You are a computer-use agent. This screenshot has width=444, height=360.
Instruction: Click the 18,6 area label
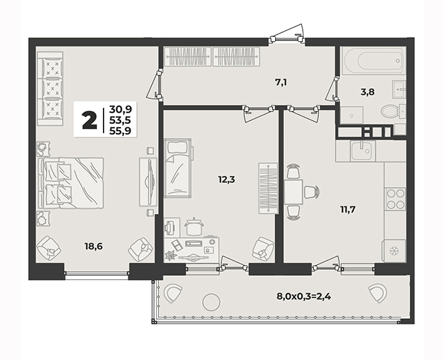click(x=94, y=246)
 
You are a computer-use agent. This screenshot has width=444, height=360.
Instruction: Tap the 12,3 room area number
click(x=227, y=179)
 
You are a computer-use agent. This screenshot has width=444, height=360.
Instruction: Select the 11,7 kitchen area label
click(x=348, y=210)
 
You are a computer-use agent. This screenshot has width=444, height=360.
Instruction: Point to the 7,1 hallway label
click(x=282, y=82)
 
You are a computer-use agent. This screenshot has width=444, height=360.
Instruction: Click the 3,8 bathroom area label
click(x=367, y=92)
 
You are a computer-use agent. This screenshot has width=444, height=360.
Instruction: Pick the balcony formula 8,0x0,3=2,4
click(x=304, y=297)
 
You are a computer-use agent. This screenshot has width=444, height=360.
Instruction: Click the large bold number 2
click(x=89, y=120)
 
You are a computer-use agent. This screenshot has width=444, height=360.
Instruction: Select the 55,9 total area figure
click(x=120, y=131)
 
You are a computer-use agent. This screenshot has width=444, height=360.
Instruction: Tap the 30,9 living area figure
click(x=120, y=109)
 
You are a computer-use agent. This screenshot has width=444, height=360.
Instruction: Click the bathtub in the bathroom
click(x=374, y=61)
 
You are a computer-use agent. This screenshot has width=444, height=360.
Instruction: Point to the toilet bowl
click(x=393, y=111)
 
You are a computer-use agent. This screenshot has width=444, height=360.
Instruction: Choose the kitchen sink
click(x=363, y=151)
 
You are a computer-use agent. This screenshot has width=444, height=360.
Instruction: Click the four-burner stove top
click(x=395, y=199)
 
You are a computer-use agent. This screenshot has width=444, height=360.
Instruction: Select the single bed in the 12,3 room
click(x=178, y=168)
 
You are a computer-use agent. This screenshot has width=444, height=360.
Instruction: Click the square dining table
click(x=294, y=192)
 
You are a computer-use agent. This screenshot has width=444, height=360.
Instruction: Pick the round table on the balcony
click(x=211, y=302)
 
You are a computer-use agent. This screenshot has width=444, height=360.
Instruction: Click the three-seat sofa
click(x=50, y=88)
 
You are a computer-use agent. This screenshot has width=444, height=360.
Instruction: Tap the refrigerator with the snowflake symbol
click(x=394, y=251)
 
